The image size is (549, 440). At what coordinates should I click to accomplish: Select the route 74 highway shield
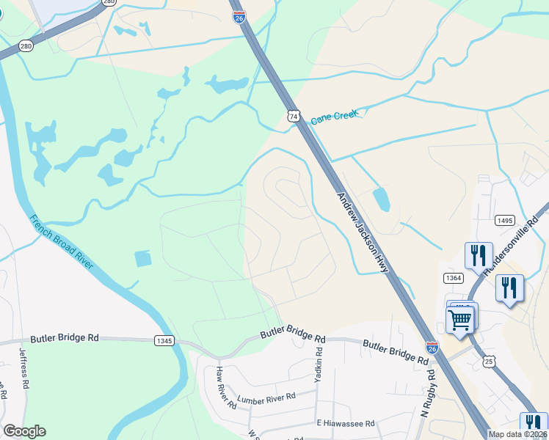[294, 116]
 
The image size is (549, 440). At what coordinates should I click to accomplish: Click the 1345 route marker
[164, 341]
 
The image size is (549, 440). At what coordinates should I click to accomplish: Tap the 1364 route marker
[453, 277]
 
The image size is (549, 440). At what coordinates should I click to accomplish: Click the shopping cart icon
[460, 320]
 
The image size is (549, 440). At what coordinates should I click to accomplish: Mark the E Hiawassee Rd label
[346, 423]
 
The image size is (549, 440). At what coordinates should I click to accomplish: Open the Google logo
[24, 431]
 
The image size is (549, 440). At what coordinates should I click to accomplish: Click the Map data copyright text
[518, 434]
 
